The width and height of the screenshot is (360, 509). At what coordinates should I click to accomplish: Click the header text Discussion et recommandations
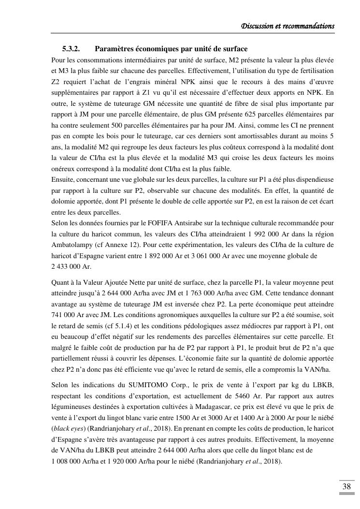click(x=288, y=26)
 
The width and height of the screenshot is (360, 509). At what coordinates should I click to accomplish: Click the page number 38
click(x=346, y=486)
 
